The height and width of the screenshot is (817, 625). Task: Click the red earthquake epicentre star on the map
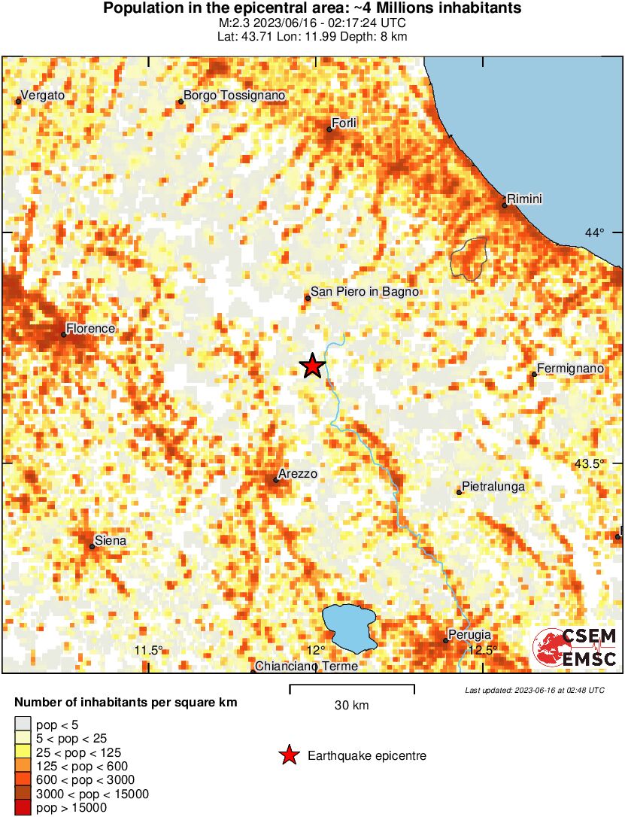[x=312, y=366]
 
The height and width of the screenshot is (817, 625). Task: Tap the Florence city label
[x=90, y=329]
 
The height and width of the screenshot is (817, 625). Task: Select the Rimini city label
[x=525, y=199]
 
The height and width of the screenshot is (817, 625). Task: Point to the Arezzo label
[x=298, y=474]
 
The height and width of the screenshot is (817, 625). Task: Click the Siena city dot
[x=92, y=546]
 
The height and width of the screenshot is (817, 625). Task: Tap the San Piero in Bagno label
[x=365, y=292]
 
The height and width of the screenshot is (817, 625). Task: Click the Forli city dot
[x=329, y=129]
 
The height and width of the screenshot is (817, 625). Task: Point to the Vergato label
[x=43, y=96]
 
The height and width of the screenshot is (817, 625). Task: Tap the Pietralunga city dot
[x=459, y=492]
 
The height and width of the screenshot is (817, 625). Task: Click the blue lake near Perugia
[x=350, y=627]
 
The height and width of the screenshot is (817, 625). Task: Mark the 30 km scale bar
[x=352, y=686]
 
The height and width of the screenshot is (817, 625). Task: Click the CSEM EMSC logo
[x=575, y=648]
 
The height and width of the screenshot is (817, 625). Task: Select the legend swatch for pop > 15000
[x=23, y=808]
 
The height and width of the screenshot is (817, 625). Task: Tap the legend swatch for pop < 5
[x=23, y=725]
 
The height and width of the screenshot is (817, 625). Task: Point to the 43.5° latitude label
[x=589, y=463]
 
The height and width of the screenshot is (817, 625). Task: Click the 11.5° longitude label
[x=148, y=651]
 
